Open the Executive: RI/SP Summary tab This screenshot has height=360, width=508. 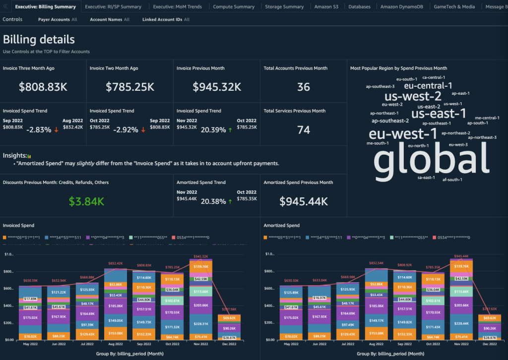point(113,7)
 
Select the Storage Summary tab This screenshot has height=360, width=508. point(284,7)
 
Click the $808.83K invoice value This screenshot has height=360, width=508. point(43,87)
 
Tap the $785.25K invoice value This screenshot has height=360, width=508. point(130,87)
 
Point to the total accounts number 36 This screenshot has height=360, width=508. point(304,87)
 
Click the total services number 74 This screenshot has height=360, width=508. point(304,130)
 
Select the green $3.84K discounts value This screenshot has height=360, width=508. point(86,201)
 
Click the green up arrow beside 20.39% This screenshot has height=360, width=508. point(230,129)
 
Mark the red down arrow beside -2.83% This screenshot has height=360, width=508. point(57,130)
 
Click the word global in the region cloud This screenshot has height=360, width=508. point(431,160)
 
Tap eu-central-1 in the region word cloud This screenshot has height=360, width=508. point(428,86)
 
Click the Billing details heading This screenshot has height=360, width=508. point(39,40)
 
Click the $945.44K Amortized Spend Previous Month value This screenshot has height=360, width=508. point(304,201)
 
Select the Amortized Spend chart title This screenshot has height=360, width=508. point(282,226)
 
